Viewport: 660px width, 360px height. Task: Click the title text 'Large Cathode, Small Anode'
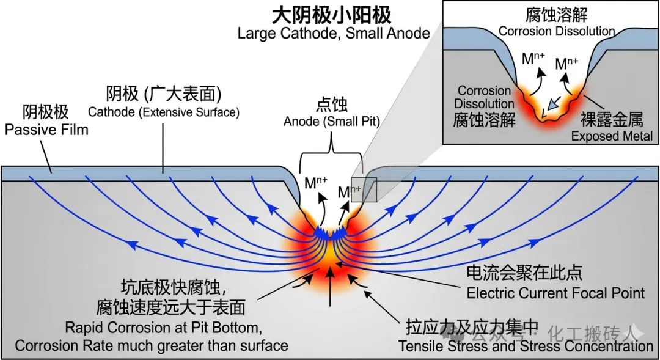tap(334, 33)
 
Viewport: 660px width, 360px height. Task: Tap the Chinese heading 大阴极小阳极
tap(332, 14)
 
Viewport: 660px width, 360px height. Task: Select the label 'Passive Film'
tap(46, 130)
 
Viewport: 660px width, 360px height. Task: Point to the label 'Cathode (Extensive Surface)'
tap(164, 112)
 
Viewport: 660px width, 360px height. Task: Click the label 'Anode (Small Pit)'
tap(332, 122)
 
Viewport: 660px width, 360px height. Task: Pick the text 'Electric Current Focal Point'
tap(555, 293)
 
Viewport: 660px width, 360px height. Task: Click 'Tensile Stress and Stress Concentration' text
tap(526, 346)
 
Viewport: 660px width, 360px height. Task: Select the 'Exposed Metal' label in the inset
tap(612, 136)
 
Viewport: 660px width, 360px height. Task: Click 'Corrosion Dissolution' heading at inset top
tap(557, 31)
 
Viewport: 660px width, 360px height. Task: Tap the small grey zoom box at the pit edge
tap(364, 189)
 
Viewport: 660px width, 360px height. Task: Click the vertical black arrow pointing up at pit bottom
tap(331, 286)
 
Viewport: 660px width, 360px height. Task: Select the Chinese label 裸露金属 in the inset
tap(612, 120)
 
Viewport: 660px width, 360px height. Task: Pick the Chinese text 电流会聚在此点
tap(524, 273)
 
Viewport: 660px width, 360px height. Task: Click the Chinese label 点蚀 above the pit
tap(332, 105)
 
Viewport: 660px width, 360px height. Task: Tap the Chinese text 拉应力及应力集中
tap(472, 327)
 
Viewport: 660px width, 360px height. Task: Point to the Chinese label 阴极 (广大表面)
tap(164, 94)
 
